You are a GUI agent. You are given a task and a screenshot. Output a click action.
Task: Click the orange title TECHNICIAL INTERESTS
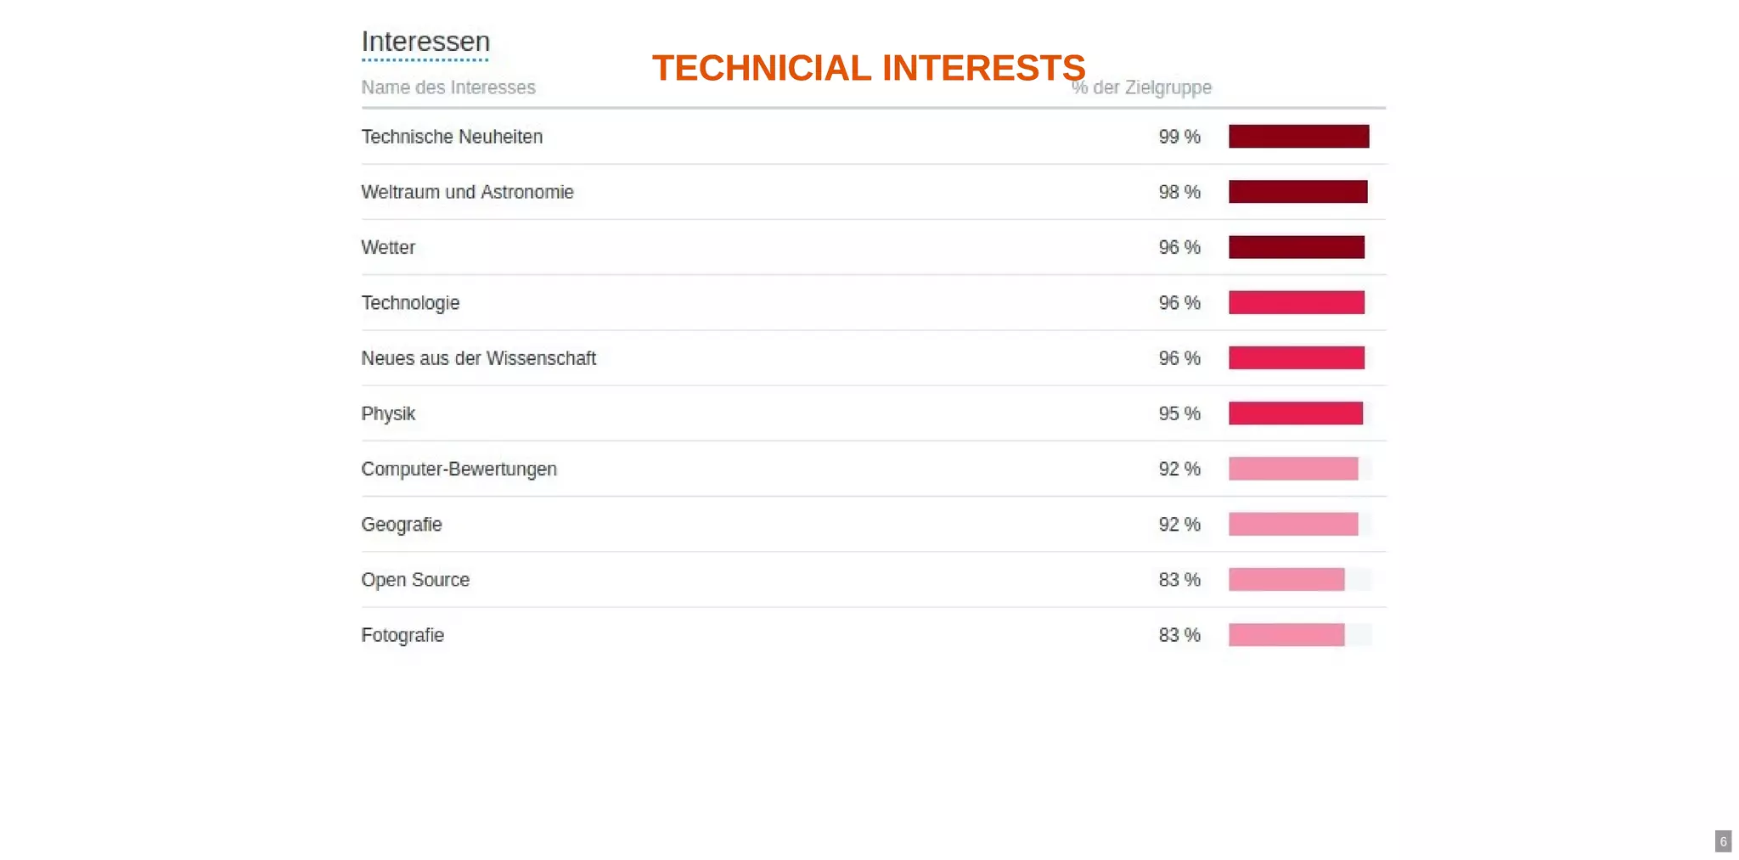[868, 68]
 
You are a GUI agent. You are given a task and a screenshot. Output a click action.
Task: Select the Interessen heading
[425, 42]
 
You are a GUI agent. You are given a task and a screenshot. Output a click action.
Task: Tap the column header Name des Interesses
[448, 87]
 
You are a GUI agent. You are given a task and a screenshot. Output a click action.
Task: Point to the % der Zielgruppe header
[1142, 87]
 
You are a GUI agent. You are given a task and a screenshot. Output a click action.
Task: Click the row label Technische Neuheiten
[452, 137]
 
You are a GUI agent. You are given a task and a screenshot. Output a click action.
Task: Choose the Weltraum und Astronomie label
[467, 192]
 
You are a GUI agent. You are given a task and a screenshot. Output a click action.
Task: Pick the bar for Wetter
[1296, 247]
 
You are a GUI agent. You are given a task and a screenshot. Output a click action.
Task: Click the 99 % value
[1179, 137]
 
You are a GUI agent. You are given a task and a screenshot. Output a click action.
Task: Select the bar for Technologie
[1296, 302]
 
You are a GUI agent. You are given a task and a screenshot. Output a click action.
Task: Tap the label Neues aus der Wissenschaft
[478, 358]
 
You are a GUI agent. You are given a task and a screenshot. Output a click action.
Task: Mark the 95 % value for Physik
[1179, 413]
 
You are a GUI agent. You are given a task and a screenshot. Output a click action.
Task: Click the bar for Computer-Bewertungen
[1292, 469]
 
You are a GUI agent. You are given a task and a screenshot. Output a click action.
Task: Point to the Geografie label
[402, 525]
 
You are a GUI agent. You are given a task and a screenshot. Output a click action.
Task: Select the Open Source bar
[1286, 580]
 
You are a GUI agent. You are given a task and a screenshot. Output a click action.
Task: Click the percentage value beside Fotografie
[1179, 635]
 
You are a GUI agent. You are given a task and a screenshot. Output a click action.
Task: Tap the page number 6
[1723, 841]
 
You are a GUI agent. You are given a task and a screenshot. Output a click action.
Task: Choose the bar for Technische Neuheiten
[1298, 137]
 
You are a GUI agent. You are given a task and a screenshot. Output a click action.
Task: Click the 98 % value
[1179, 192]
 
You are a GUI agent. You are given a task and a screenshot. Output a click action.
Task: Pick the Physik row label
[388, 413]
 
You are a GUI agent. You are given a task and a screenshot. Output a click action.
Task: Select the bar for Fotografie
[1286, 635]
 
